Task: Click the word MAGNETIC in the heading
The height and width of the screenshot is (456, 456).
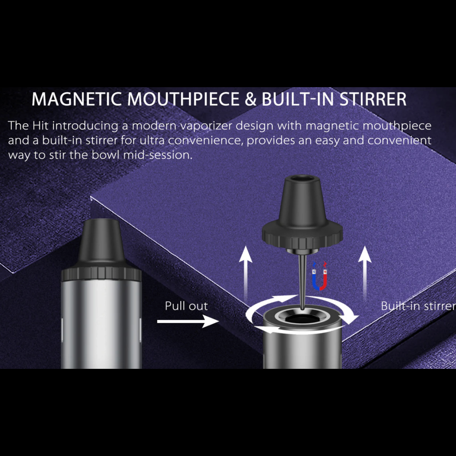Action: [x=76, y=99]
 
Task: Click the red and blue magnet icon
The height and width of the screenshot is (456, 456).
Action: [x=320, y=277]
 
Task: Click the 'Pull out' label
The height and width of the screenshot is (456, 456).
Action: [x=186, y=306]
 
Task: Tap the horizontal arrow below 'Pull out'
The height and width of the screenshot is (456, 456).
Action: [x=187, y=321]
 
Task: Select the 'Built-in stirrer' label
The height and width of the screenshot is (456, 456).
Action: [x=418, y=306]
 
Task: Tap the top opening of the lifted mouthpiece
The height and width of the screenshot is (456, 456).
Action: [x=303, y=179]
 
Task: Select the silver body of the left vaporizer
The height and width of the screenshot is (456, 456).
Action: [x=101, y=323]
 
